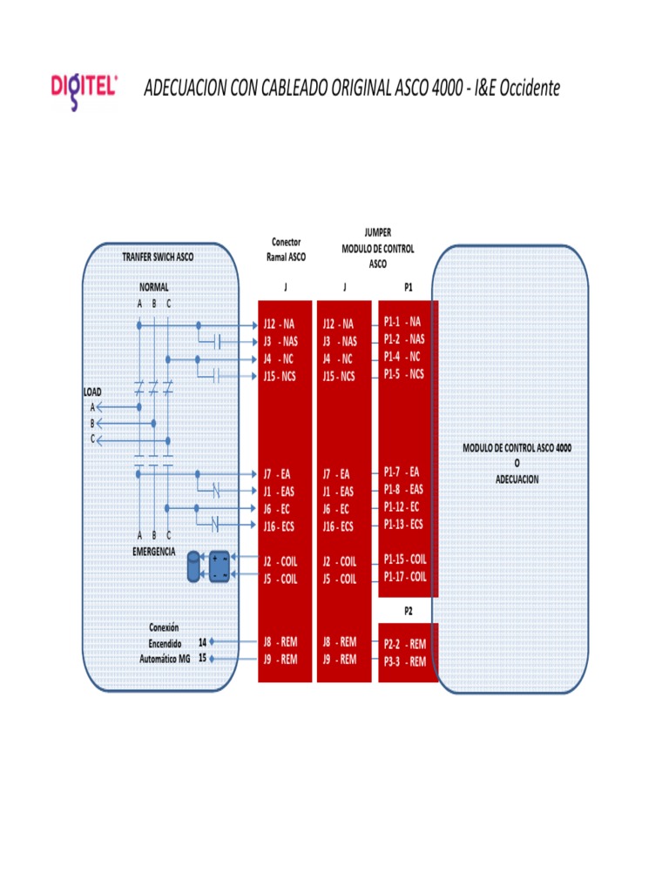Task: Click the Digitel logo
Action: pyautogui.click(x=84, y=90)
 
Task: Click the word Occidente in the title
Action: pyautogui.click(x=530, y=88)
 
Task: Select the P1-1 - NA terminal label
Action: pyautogui.click(x=402, y=322)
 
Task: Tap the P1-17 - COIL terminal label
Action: pyautogui.click(x=405, y=577)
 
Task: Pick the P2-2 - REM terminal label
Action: pyautogui.click(x=405, y=644)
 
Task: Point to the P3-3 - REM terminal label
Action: pyautogui.click(x=405, y=661)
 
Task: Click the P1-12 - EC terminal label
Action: pyautogui.click(x=402, y=507)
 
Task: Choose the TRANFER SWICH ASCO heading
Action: pyautogui.click(x=158, y=257)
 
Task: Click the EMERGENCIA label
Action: pyautogui.click(x=153, y=551)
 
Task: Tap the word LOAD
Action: pyautogui.click(x=92, y=392)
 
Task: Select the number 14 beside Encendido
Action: pyautogui.click(x=202, y=642)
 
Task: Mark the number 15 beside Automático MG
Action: pyautogui.click(x=202, y=658)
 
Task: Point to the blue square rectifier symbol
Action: pyautogui.click(x=220, y=566)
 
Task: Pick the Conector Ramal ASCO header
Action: pyautogui.click(x=286, y=250)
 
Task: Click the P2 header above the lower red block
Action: pyautogui.click(x=409, y=612)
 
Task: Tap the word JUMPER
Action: pyautogui.click(x=378, y=232)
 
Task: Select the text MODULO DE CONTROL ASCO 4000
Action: pyautogui.click(x=517, y=448)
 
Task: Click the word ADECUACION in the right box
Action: pyautogui.click(x=517, y=479)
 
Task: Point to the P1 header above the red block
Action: pyautogui.click(x=409, y=287)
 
